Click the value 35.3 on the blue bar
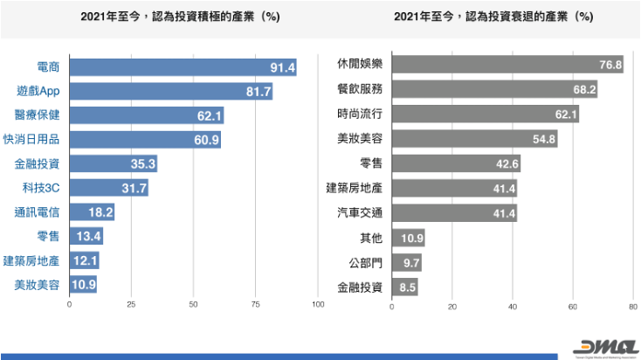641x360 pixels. (x=142, y=164)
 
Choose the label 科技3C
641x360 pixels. (x=42, y=188)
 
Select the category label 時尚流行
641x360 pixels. (x=360, y=114)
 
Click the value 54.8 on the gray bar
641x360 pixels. (x=543, y=139)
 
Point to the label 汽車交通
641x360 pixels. (x=360, y=212)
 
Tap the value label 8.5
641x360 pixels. (x=408, y=287)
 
